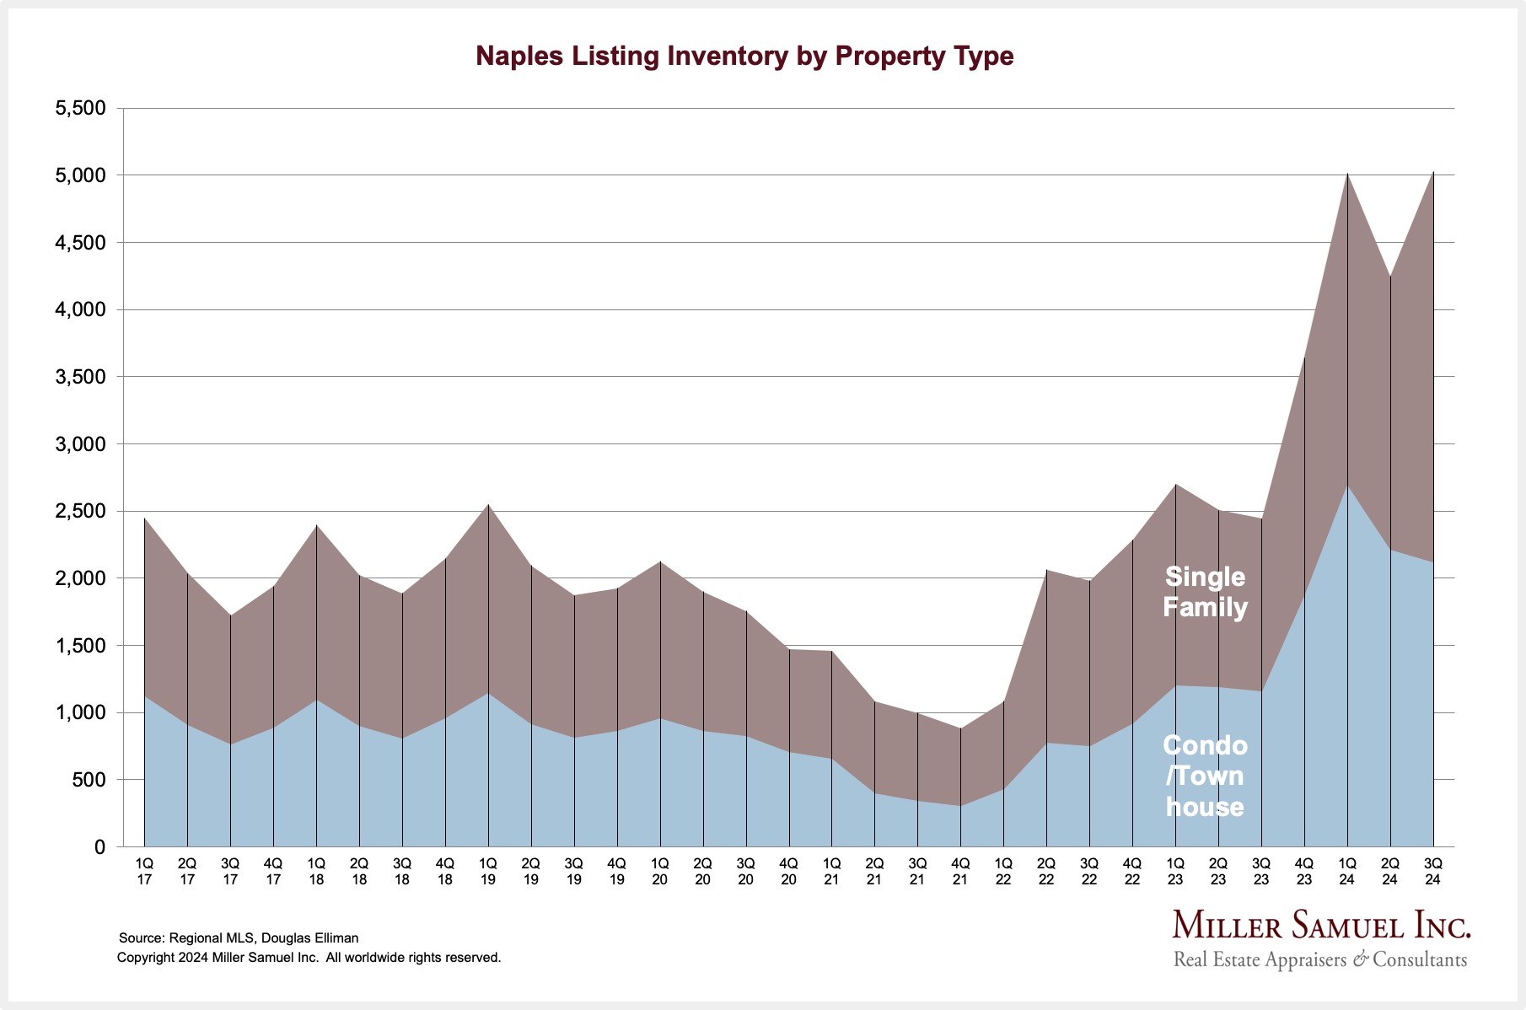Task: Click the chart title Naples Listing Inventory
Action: click(x=744, y=56)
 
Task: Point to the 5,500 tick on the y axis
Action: click(x=81, y=108)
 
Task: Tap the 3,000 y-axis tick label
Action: click(x=81, y=444)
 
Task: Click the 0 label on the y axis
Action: click(x=99, y=847)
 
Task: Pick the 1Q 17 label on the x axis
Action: click(x=144, y=871)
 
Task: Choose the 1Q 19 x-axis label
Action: click(x=488, y=871)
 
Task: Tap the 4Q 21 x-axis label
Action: click(x=960, y=871)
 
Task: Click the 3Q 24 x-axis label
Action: click(x=1432, y=871)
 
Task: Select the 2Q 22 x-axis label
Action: click(x=1046, y=871)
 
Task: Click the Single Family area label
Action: click(x=1205, y=592)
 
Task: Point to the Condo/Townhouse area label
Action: click(x=1205, y=776)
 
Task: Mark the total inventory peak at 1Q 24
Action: click(x=1347, y=174)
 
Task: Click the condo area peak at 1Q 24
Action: click(x=1347, y=486)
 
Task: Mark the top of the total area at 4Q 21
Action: click(x=960, y=728)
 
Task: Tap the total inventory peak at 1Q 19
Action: click(x=488, y=504)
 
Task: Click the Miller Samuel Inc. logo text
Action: click(x=1321, y=926)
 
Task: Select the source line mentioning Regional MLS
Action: click(x=239, y=937)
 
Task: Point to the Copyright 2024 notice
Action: click(x=309, y=958)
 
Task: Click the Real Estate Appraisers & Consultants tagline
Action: click(x=1320, y=959)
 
